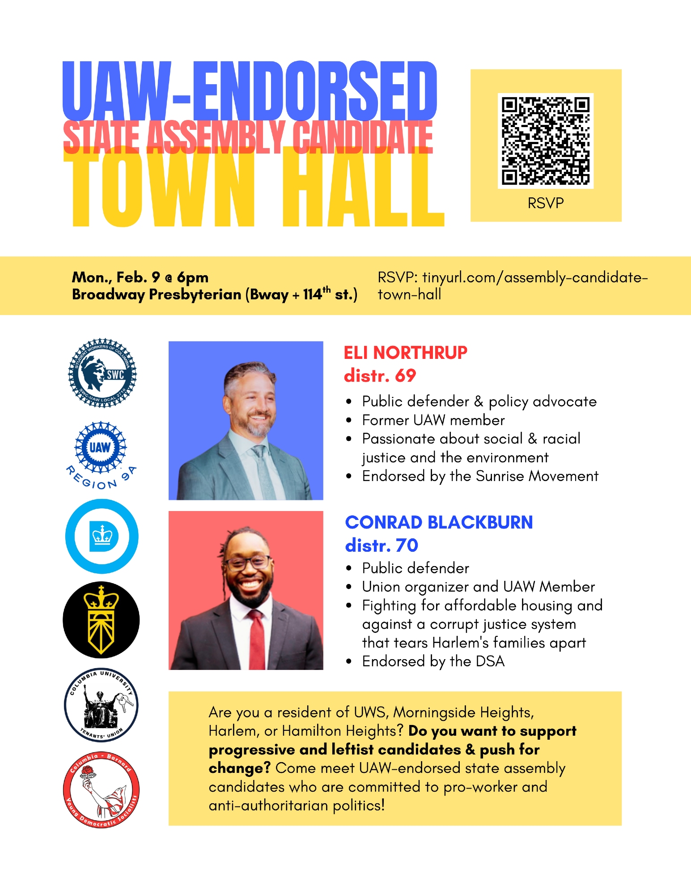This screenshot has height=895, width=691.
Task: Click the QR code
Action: click(x=546, y=141)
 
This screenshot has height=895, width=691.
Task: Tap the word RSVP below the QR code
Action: click(x=546, y=203)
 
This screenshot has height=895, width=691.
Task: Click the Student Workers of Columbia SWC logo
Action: click(x=102, y=373)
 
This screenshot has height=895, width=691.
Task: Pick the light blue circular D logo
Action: click(x=102, y=536)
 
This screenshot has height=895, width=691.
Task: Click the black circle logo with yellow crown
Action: click(x=101, y=620)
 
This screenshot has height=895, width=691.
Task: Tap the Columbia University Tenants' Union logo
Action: click(x=101, y=705)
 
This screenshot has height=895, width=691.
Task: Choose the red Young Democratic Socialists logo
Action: click(x=101, y=789)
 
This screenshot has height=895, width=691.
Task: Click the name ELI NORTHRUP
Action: click(x=405, y=353)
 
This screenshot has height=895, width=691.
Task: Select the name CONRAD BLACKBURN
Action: click(x=439, y=522)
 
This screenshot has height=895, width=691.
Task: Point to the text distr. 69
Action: click(x=380, y=375)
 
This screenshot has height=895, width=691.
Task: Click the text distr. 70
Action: click(x=382, y=545)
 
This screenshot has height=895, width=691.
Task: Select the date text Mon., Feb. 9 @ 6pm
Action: click(x=140, y=277)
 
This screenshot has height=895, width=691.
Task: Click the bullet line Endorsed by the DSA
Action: click(x=433, y=661)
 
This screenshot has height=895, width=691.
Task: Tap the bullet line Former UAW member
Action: click(x=433, y=420)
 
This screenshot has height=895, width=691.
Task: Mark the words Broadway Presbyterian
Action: click(x=157, y=294)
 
